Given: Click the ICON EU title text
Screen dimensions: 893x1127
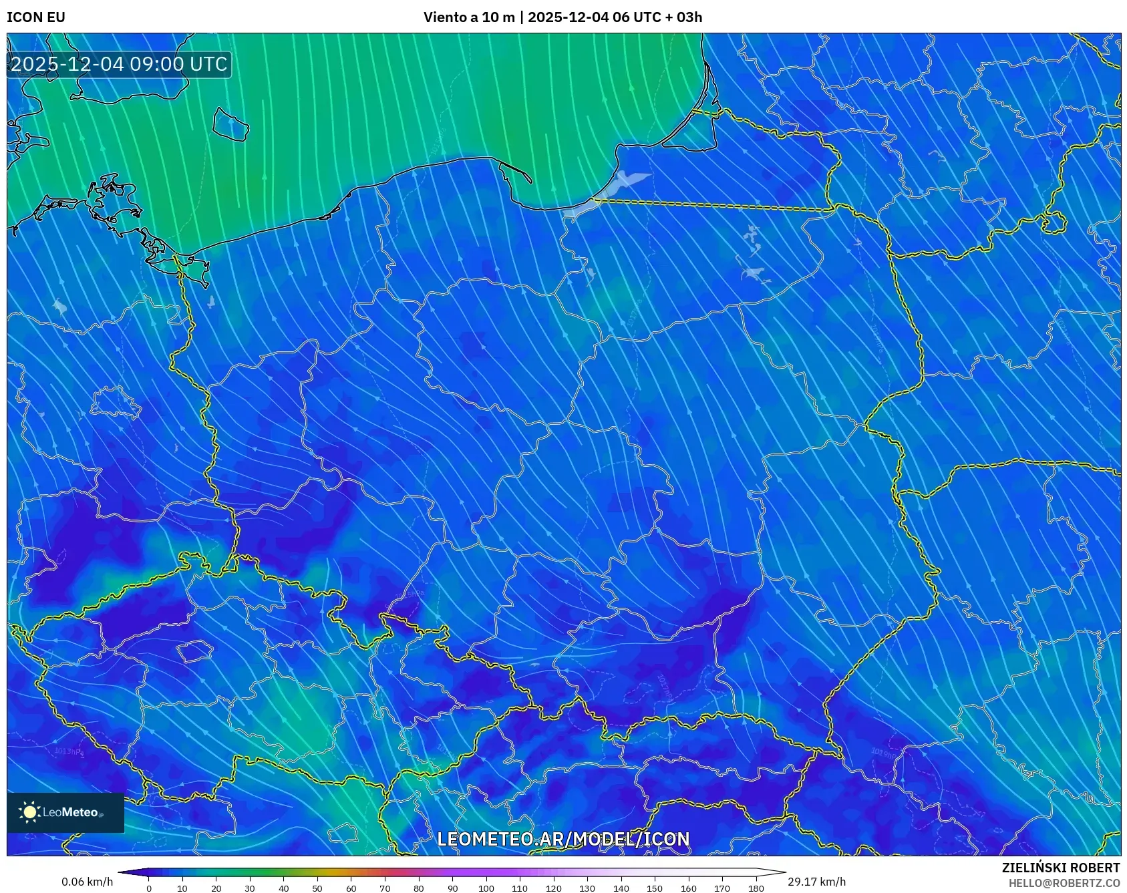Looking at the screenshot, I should (x=36, y=17).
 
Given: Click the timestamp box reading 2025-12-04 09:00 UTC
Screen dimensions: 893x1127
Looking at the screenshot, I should (x=119, y=64).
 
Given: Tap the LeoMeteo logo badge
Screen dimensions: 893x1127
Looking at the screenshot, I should (x=65, y=812).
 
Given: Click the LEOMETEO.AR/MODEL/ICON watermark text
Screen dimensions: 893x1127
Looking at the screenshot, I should (x=562, y=839).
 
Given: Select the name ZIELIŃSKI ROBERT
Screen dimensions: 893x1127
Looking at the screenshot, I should (x=1060, y=868).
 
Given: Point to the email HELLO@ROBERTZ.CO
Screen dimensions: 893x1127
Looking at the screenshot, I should (x=1064, y=883).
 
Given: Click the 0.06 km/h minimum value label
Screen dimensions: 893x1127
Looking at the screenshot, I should (x=87, y=882).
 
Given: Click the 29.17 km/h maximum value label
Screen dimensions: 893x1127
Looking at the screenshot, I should (x=816, y=882).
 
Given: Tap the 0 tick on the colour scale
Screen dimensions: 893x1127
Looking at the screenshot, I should (x=149, y=888).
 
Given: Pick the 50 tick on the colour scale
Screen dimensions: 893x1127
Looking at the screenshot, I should (x=317, y=888).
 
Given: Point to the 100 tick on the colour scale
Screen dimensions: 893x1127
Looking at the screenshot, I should (x=486, y=888).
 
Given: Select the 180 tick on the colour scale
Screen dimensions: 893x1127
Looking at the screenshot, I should (x=756, y=888).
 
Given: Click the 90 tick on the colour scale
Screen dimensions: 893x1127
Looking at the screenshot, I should (x=452, y=888).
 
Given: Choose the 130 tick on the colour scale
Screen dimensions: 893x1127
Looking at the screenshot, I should (x=587, y=888).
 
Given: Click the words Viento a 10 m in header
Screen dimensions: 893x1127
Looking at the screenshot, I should (x=469, y=17).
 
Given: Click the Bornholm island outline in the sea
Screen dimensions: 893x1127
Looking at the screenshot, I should (x=231, y=125).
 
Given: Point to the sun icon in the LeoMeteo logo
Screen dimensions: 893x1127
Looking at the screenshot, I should (x=30, y=812).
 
